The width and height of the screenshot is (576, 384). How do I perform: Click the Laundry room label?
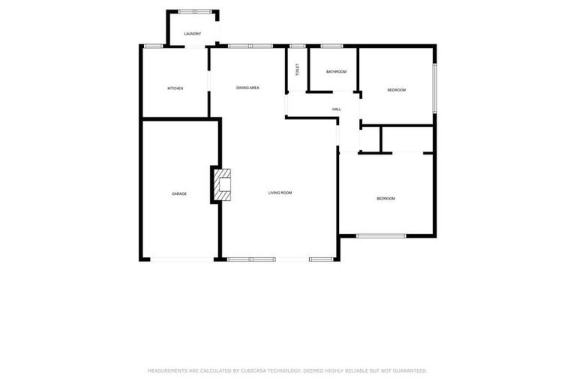tap(192, 34)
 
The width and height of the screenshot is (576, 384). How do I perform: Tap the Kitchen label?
tap(175, 88)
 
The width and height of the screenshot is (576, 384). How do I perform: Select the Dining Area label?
tap(247, 88)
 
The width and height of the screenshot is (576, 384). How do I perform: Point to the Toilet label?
tap(297, 70)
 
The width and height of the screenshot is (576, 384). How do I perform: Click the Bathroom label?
tap(336, 72)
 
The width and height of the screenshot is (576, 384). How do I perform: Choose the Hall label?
tap(337, 109)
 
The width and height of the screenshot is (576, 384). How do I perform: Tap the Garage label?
tap(179, 193)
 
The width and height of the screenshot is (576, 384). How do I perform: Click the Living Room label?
tap(280, 193)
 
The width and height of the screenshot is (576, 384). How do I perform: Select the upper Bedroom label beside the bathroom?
tap(396, 90)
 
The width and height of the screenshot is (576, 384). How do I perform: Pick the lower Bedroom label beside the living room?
tap(385, 198)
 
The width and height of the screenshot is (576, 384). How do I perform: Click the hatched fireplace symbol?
tap(223, 184)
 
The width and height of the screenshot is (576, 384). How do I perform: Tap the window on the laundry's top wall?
tap(194, 11)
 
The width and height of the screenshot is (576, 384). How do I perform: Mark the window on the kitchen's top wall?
tap(154, 46)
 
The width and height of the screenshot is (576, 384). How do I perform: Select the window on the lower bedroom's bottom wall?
tap(381, 235)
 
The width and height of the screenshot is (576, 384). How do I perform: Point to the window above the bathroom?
tap(331, 46)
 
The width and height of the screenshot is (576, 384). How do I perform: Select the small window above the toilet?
tap(297, 46)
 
